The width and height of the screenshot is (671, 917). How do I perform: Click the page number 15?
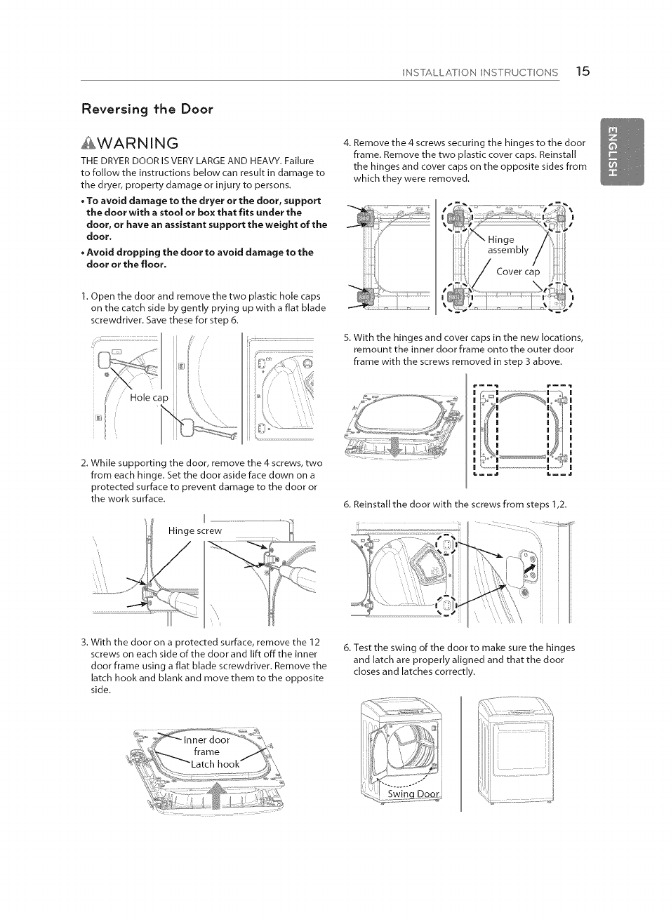click(582, 71)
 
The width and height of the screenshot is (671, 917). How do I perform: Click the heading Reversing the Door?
click(147, 109)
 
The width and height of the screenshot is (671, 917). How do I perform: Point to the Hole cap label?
click(149, 398)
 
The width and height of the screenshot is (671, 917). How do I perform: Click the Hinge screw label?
click(194, 531)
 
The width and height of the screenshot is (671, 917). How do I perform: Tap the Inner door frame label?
click(206, 745)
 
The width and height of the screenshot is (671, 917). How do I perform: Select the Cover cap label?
click(518, 272)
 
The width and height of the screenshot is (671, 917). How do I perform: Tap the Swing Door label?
click(413, 794)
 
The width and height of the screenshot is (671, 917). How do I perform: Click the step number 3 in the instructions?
click(84, 642)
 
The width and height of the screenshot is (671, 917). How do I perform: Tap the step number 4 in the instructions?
click(346, 142)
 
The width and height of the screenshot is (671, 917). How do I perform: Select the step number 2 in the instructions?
click(84, 463)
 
